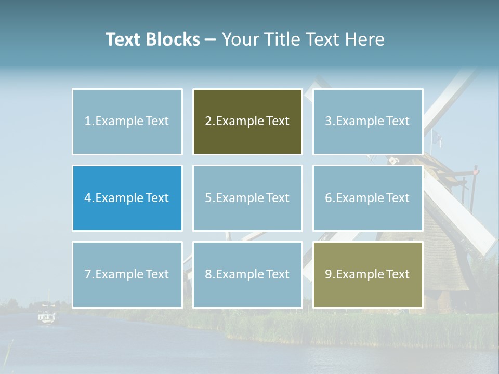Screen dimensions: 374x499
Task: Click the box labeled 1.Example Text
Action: [127, 122]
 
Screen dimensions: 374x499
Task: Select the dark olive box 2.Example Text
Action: [247, 122]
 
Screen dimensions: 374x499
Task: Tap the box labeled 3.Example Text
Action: [367, 122]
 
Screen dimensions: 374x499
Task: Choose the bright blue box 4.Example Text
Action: [127, 198]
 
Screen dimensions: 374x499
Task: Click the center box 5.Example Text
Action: [247, 198]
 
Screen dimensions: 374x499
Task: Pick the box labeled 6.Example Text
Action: [367, 198]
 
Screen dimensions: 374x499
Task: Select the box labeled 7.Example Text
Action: [127, 274]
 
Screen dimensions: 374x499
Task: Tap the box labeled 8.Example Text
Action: [247, 274]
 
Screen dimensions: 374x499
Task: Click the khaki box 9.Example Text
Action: [367, 274]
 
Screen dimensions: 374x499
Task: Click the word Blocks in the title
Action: [173, 39]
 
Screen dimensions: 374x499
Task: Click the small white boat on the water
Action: [47, 316]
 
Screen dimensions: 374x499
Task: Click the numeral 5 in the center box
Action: [208, 198]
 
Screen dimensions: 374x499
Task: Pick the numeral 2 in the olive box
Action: [208, 122]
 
